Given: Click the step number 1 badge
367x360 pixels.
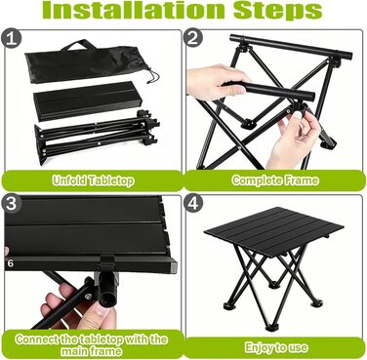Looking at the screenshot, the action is [12, 39].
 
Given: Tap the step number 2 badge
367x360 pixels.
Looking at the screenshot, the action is [193, 38].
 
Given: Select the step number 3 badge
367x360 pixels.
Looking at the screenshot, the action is [12, 204].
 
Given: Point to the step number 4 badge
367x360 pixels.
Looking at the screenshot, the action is [193, 203].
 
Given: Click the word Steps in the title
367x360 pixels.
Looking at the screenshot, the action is [278, 12].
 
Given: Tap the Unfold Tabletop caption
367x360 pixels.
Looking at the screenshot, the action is [94, 180].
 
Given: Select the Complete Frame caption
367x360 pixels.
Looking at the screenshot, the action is [275, 180].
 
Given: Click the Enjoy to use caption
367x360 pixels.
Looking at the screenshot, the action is [276, 347].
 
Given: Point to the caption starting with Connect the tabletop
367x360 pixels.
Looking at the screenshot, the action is [92, 345].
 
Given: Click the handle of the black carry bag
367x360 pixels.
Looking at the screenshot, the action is [78, 45].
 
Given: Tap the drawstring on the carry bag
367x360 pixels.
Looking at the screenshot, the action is [151, 74].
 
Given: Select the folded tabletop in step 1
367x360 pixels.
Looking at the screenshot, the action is [86, 100].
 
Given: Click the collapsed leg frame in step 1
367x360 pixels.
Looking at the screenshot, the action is [97, 137].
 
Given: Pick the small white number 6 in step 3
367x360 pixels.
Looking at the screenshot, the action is [11, 263].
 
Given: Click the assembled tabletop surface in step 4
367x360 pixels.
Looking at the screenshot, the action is [273, 230].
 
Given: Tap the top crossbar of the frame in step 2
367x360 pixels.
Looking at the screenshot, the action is [291, 47].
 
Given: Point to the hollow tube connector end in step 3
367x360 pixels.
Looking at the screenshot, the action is [107, 295].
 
